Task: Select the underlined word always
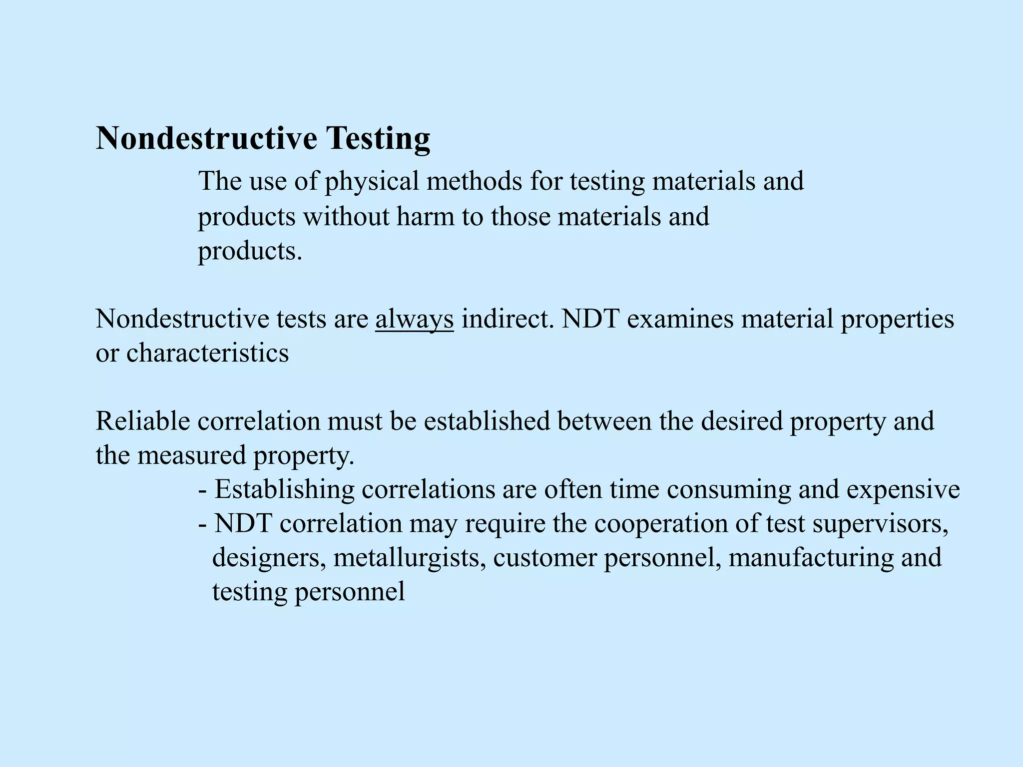click(x=414, y=319)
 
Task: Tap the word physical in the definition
click(x=372, y=181)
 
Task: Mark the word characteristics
click(x=207, y=353)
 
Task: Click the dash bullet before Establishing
click(x=203, y=490)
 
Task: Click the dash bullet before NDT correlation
click(x=203, y=524)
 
